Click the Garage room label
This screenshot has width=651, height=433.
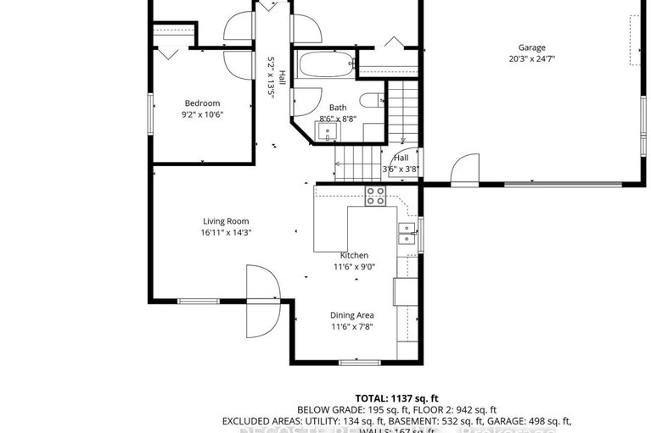pyautogui.click(x=532, y=47)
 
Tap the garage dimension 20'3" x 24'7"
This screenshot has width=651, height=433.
pyautogui.click(x=532, y=59)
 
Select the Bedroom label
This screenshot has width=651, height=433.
pyautogui.click(x=202, y=103)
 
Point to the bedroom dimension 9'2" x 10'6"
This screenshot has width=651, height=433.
pyautogui.click(x=202, y=115)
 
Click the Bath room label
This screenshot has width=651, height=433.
pyautogui.click(x=338, y=108)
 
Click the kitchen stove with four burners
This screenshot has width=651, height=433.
pyautogui.click(x=375, y=197)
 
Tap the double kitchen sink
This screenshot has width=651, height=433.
pyautogui.click(x=407, y=234)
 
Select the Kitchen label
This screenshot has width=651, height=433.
pyautogui.click(x=354, y=255)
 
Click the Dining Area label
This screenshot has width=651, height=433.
pyautogui.click(x=352, y=315)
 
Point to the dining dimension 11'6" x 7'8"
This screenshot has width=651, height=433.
pyautogui.click(x=352, y=327)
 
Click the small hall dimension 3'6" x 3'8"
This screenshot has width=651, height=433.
pyautogui.click(x=401, y=169)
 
